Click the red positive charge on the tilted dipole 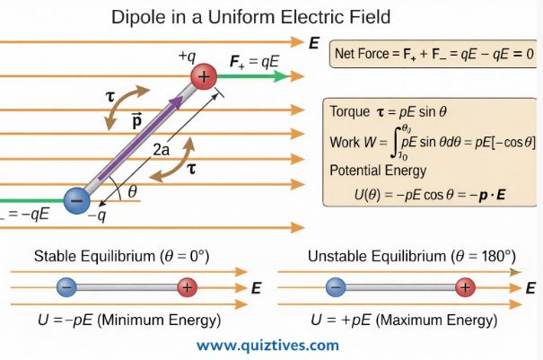point(204,77)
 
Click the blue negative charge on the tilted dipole point(79,198)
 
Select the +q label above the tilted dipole point(187,57)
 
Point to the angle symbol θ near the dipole point(133,190)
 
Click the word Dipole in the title point(139,16)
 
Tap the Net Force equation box point(434,54)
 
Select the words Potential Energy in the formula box point(378,171)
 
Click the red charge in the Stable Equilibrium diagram point(186,288)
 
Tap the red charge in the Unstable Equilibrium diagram point(464,288)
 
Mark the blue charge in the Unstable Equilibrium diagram point(334,288)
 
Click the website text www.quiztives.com point(267,345)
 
